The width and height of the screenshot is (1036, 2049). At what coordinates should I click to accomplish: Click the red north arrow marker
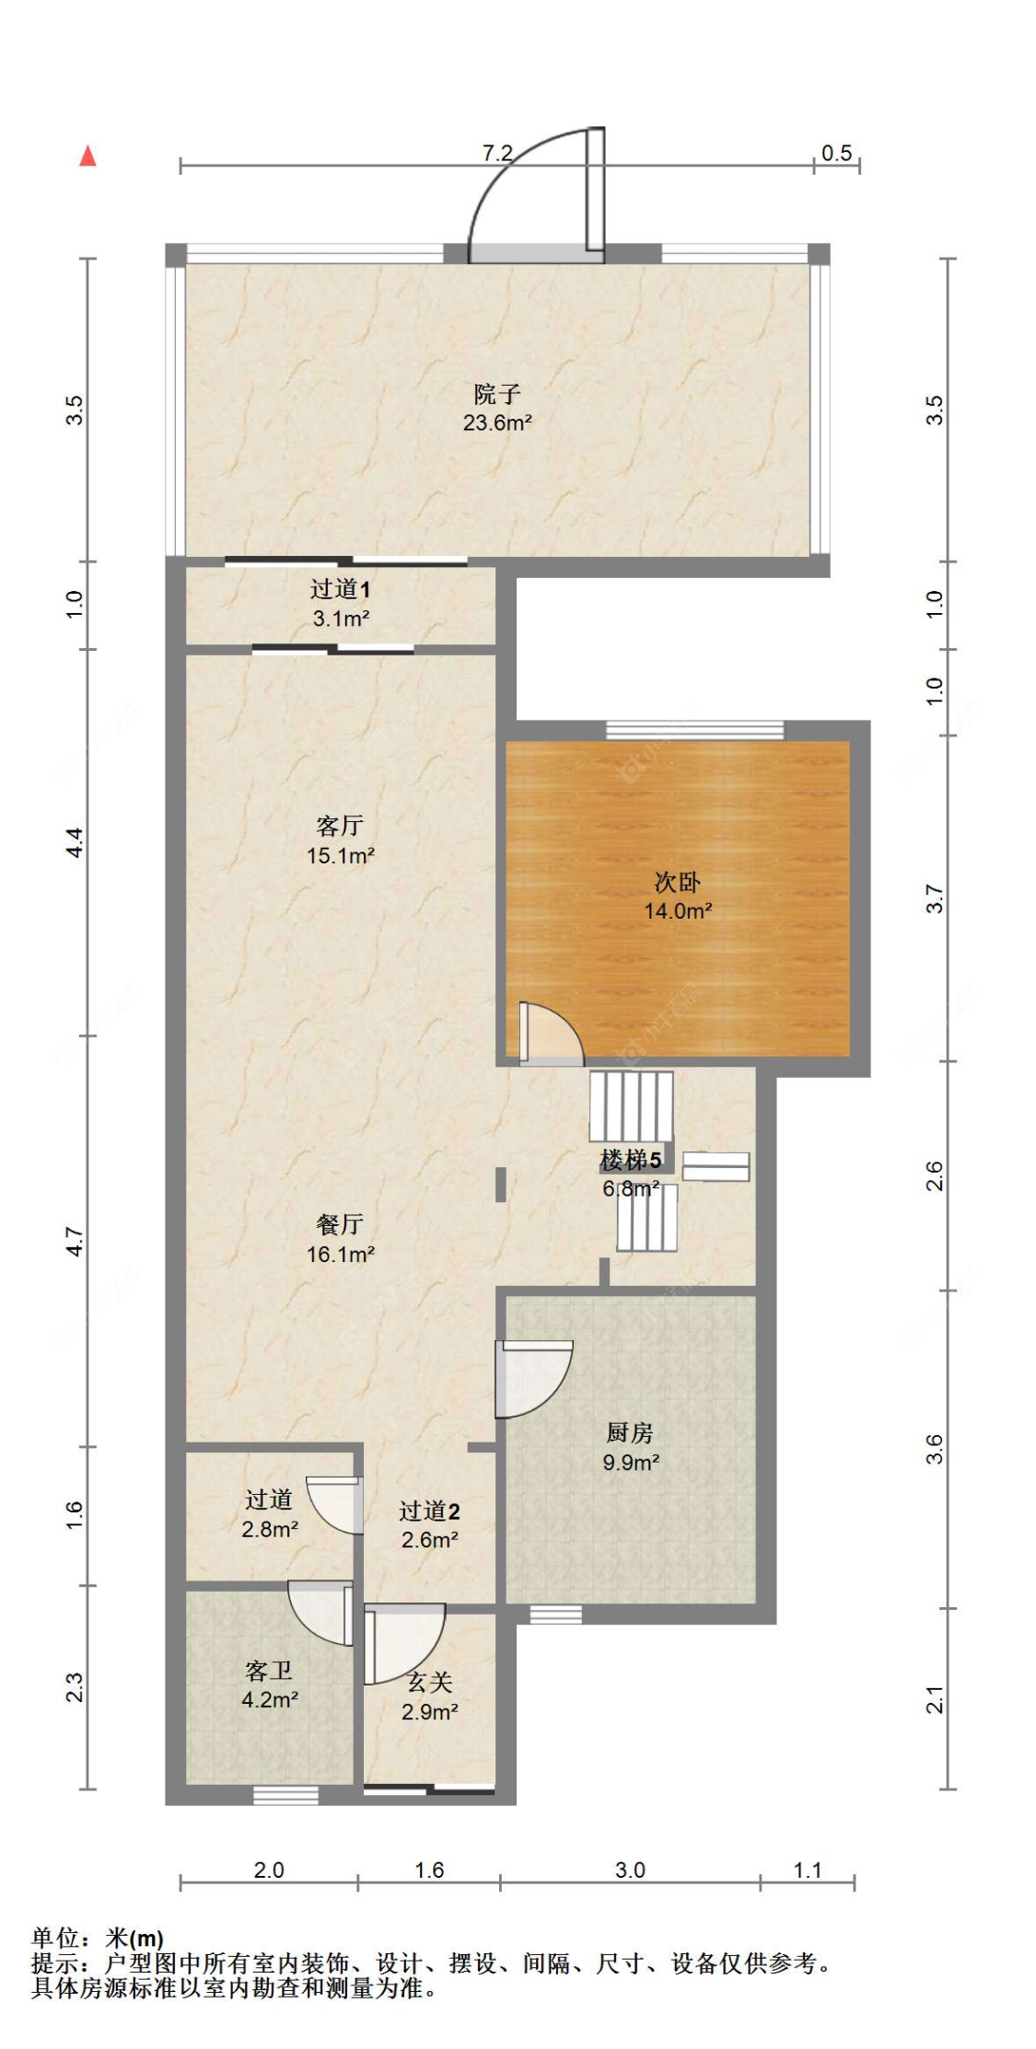87,156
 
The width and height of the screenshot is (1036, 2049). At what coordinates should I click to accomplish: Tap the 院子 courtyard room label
497,394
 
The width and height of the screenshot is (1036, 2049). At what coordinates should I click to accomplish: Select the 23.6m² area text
497,423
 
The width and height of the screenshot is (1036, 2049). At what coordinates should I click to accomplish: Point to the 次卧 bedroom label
678,882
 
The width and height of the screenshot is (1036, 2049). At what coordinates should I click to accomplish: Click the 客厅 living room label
340,825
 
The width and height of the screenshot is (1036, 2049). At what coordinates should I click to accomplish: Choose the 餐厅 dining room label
340,1224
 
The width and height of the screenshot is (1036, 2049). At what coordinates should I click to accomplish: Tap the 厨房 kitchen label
630,1432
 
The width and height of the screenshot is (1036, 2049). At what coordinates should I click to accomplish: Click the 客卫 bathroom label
269,1670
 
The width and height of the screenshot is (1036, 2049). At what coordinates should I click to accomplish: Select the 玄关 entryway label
430,1682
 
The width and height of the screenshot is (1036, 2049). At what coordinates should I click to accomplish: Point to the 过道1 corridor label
340,588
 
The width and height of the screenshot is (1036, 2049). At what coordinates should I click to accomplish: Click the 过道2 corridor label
429,1511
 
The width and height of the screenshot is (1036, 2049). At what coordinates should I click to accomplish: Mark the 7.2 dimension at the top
497,153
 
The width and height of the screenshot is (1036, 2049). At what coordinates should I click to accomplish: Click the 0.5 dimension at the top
836,153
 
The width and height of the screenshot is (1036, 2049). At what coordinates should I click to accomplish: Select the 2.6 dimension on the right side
934,1176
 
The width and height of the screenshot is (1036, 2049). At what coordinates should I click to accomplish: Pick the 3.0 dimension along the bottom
630,1870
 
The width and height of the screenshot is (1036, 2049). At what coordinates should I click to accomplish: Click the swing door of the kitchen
533,1379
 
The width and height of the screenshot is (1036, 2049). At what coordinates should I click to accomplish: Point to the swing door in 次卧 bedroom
551,1034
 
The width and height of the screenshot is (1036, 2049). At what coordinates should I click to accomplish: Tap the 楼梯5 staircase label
631,1160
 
